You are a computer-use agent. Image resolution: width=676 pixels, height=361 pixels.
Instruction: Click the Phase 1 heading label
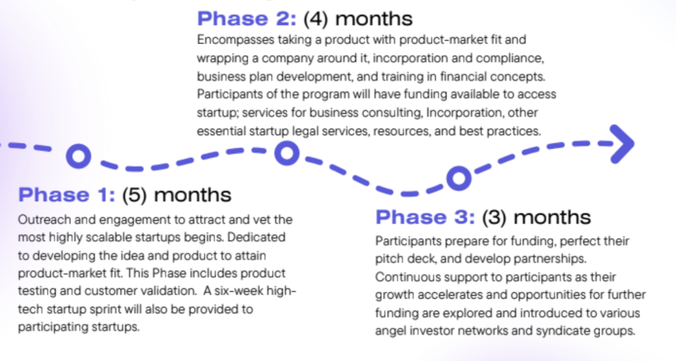67,195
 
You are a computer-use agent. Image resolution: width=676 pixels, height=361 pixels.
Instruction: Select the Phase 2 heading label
247,18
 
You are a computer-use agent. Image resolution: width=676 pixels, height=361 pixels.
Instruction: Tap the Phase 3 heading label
425,217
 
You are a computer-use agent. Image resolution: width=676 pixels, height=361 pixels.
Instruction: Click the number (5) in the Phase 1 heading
135,195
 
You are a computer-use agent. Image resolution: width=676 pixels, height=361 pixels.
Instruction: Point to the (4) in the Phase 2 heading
316,19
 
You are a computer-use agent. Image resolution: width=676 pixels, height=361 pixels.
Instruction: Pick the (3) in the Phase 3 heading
494,218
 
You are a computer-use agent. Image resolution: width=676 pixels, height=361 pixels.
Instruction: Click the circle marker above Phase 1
79,156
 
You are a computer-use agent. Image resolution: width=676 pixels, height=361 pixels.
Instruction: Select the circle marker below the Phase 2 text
287,153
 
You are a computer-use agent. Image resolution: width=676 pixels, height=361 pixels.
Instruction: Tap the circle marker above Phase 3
459,178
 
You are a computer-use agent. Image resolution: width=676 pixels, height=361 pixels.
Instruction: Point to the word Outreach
45,220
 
